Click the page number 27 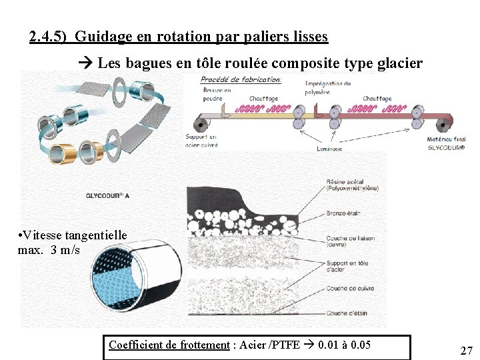click(466, 351)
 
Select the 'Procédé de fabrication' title click(241, 79)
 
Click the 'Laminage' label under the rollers click(329, 149)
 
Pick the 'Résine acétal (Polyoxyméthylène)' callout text click(353, 185)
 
